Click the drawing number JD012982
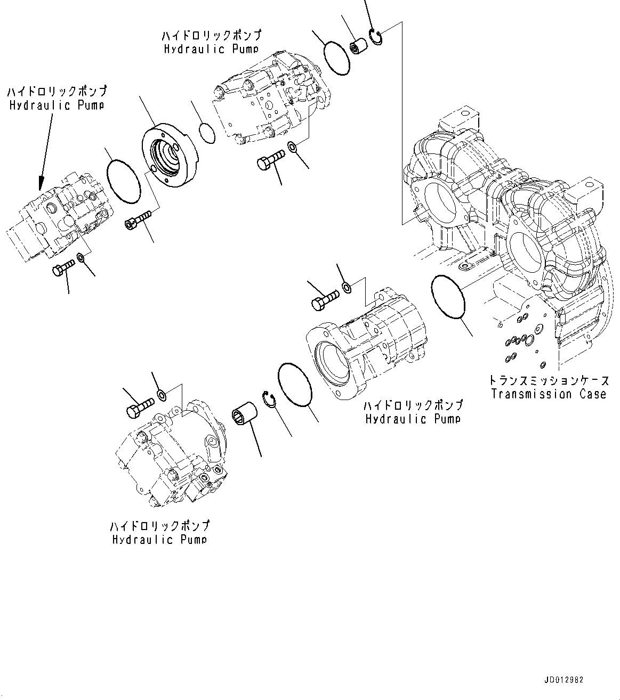tap(564, 680)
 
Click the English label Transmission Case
tap(549, 394)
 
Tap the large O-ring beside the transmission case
tap(448, 298)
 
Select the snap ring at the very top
tap(377, 38)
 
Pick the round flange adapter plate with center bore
tap(169, 158)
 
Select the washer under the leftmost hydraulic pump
tap(82, 258)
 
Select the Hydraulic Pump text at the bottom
tap(159, 539)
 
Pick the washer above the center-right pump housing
tap(347, 288)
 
